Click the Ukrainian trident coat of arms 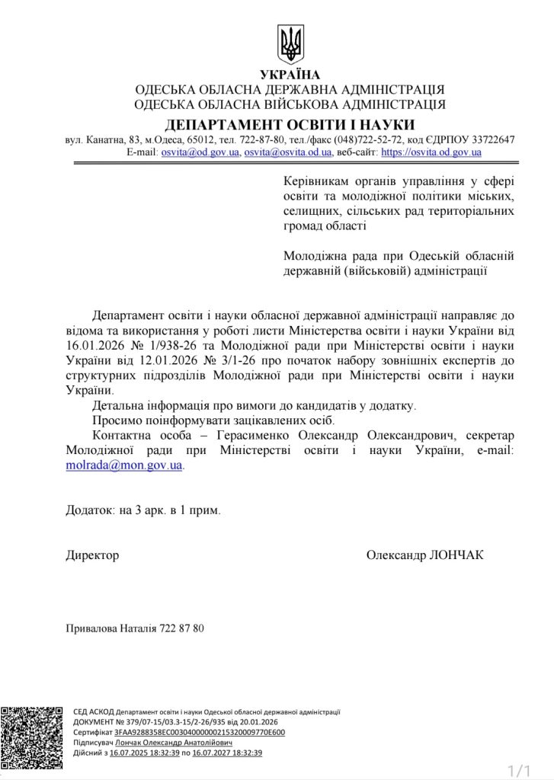tap(290, 44)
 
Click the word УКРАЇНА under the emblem tap(290, 75)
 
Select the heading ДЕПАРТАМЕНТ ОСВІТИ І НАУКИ tap(290, 124)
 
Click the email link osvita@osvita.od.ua tap(287, 152)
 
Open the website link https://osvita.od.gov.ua tap(431, 152)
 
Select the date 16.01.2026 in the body tap(94, 345)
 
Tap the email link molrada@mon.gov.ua tap(123, 464)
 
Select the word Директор tap(92, 555)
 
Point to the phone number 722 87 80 tap(182, 628)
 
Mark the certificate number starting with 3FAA tap(200, 732)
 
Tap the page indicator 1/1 tap(517, 770)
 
